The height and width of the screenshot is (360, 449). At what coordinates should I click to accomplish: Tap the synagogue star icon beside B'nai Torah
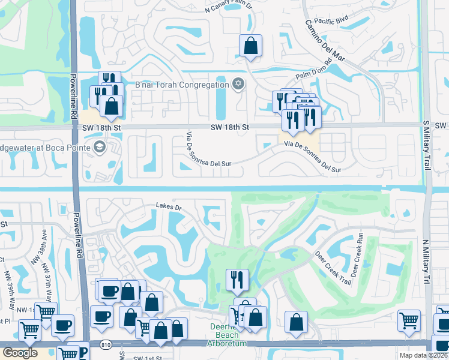(238, 83)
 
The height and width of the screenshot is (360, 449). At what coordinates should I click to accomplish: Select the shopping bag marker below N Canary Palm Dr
(250, 46)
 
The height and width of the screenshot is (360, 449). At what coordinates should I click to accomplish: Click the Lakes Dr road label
(169, 207)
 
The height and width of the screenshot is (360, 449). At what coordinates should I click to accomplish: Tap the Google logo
(20, 352)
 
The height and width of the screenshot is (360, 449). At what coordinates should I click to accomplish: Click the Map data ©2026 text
(423, 355)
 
